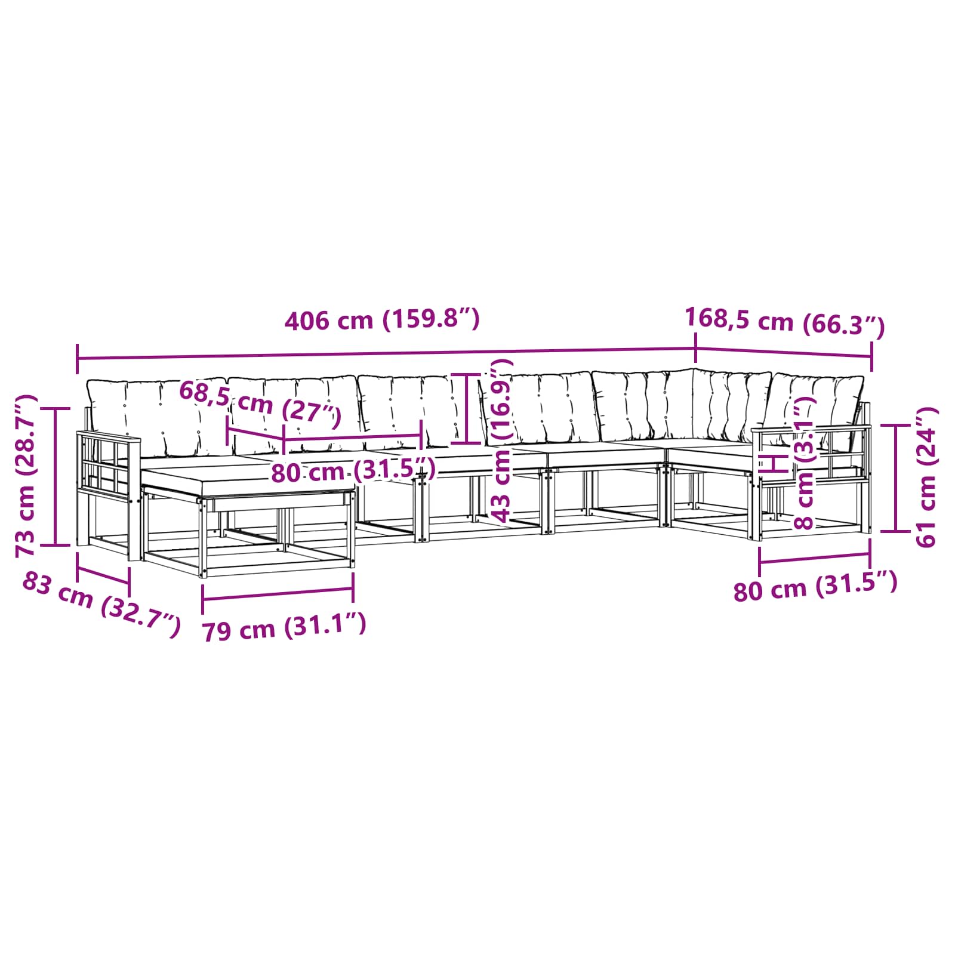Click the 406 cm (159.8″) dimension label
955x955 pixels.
pyautogui.click(x=382, y=321)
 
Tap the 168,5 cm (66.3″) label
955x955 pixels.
pyautogui.click(x=785, y=322)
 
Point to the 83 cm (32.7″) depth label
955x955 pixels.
pyautogui.click(x=101, y=604)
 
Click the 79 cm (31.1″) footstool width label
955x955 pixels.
pyautogui.click(x=284, y=627)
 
